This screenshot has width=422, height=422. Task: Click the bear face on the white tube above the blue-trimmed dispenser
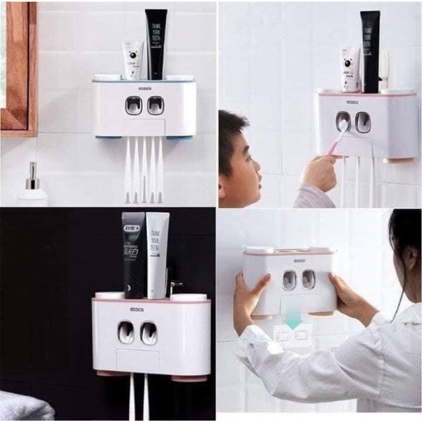132,52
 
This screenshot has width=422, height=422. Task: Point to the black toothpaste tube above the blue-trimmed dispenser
156,44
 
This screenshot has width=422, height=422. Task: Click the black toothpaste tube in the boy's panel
370,50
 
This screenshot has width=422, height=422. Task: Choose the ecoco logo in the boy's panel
352,101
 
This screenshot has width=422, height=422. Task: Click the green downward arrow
293,322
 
